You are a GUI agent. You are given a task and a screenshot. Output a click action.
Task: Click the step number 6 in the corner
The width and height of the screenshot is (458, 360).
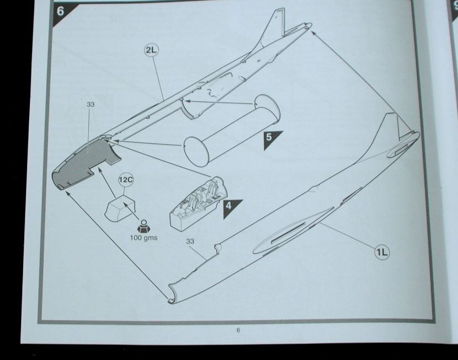pos(61,12)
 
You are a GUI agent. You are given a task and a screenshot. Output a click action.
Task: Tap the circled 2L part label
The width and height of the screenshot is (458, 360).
pos(151,50)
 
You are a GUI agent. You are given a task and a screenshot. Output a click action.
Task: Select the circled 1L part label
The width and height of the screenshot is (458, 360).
pos(382,251)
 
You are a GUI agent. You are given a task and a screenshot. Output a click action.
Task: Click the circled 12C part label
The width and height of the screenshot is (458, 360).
pos(126,180)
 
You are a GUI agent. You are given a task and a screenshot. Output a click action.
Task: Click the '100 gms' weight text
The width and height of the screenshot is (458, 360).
pos(143,238)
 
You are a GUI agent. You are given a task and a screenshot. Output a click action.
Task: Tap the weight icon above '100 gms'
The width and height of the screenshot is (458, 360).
pos(143,226)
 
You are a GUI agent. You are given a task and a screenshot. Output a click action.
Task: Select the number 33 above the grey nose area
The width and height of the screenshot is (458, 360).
pos(90,104)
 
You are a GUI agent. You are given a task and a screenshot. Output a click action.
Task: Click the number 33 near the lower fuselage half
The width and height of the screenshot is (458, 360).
pos(190,241)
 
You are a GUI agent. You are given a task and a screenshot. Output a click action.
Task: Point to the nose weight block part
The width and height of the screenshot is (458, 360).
pos(120,208)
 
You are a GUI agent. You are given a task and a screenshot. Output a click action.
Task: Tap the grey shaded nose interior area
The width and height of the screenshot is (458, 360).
pos(83,163)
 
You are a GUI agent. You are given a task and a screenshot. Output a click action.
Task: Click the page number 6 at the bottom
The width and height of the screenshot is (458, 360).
pos(238,330)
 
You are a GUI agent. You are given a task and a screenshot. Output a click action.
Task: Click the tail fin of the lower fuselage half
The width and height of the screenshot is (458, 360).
pos(393,128)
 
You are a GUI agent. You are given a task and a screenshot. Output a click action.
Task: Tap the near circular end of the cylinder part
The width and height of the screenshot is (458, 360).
pos(196,152)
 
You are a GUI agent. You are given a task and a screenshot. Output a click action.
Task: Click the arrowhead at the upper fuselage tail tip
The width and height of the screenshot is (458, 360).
pos(313,33)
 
